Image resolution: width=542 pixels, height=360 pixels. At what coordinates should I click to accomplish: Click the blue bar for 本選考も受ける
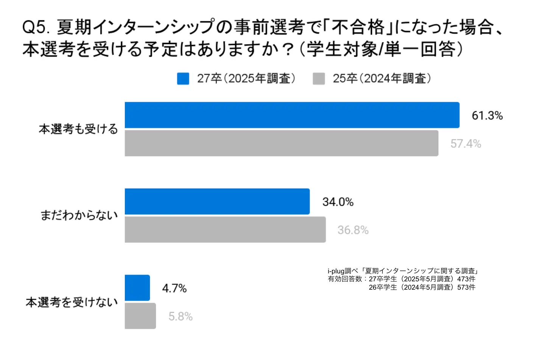tap(292, 115)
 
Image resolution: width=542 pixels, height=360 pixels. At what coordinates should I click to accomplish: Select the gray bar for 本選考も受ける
tap(281, 143)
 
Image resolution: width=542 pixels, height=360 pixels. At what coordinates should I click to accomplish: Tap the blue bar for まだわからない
tap(217, 202)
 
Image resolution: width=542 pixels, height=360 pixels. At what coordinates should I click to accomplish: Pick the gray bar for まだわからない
tap(225, 230)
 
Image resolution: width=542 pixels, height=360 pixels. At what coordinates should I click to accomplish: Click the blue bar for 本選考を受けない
tap(137, 288)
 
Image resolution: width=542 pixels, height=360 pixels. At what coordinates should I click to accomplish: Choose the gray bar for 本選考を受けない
tap(140, 316)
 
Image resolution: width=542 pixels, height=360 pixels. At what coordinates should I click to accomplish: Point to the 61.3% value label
tap(487, 115)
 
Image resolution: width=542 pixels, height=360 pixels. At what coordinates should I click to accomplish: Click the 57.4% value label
tap(466, 144)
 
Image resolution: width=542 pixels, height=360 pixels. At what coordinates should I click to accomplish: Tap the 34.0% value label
tap(338, 202)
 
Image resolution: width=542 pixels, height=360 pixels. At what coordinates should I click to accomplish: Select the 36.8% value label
tap(353, 230)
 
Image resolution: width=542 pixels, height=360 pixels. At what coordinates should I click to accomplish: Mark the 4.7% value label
tap(174, 289)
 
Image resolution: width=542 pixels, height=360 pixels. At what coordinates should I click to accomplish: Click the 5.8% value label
tap(181, 317)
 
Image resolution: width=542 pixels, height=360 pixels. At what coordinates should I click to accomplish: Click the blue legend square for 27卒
tap(183, 79)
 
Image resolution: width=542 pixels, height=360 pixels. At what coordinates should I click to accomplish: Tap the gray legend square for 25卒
tap(319, 79)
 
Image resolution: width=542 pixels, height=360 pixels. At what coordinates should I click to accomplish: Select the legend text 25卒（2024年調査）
tap(382, 78)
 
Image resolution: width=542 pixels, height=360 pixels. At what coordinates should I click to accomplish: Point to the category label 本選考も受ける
tap(78, 129)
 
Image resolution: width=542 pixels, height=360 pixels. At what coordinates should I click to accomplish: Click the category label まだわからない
tap(79, 216)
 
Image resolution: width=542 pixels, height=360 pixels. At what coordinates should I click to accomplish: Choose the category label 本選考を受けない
tap(72, 302)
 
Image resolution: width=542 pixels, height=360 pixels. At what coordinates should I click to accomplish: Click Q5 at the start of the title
tap(35, 27)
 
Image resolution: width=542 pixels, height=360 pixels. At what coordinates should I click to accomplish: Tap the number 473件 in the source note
tap(466, 279)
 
